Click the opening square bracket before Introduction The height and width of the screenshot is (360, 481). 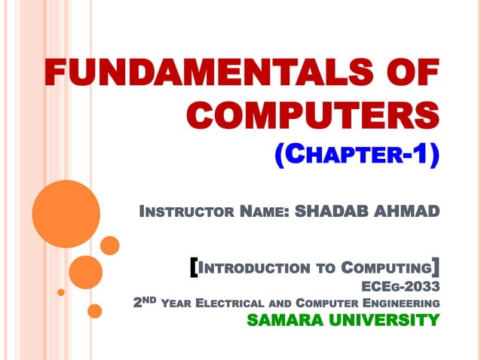click(195, 267)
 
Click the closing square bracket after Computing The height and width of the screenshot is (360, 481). click(436, 267)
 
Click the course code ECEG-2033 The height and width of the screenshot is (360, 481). click(400, 286)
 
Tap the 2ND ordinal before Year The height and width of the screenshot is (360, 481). click(145, 302)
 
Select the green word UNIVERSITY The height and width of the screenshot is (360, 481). click(386, 320)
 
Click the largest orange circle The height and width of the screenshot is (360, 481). click(61, 209)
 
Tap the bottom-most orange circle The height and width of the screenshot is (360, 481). click(95, 310)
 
